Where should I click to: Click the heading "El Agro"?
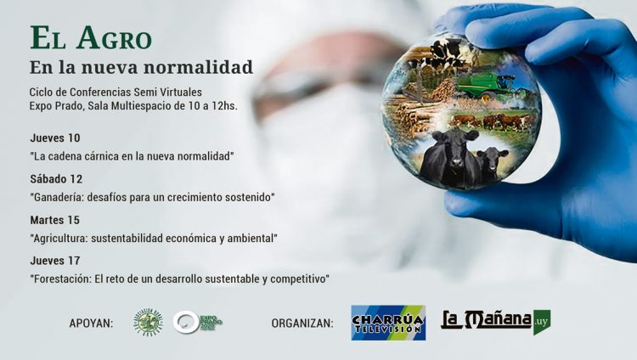(x=91, y=38)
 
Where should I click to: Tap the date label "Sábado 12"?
(x=56, y=179)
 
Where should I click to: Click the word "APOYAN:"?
(x=91, y=323)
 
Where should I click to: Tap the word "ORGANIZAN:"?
(x=302, y=323)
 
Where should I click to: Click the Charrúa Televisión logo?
(x=388, y=323)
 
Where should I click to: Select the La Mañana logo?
(x=486, y=321)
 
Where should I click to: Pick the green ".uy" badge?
(x=542, y=321)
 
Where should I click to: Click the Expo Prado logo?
(x=198, y=323)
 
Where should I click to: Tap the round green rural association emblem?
(x=149, y=323)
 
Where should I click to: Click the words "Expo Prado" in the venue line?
(x=57, y=105)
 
